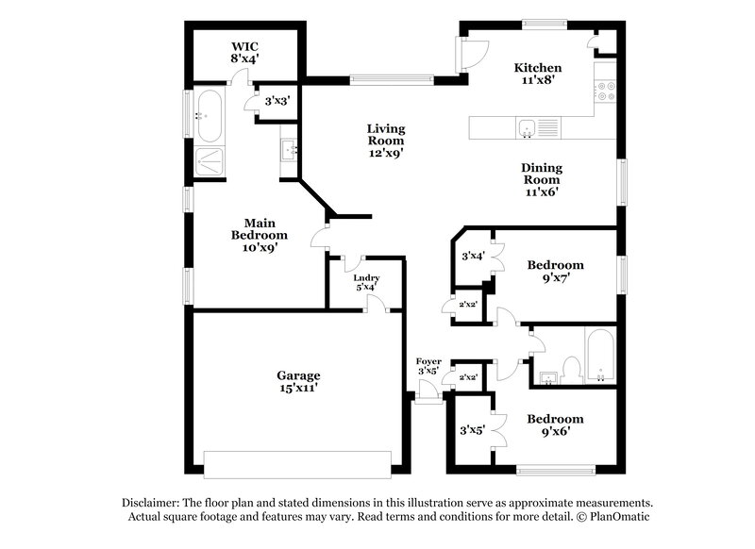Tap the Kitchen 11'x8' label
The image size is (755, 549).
[x=538, y=74]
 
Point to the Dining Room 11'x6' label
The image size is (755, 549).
[x=542, y=179]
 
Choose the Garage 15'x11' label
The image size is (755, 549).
[x=298, y=381]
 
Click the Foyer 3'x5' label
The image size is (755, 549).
[x=428, y=366]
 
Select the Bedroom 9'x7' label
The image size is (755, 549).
[x=555, y=272]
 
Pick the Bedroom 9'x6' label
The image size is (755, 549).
[x=555, y=425]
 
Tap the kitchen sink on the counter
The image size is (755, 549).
[x=528, y=127]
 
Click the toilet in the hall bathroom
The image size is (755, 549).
[x=571, y=366]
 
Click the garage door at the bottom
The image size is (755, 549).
[x=298, y=464]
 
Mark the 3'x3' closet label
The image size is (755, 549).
[x=277, y=100]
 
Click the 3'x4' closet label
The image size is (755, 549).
[x=472, y=256]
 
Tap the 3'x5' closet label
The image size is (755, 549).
[x=471, y=430]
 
